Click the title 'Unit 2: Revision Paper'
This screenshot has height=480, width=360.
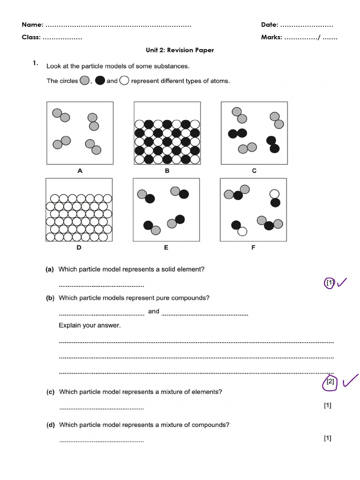180,50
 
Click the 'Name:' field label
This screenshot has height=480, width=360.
33,24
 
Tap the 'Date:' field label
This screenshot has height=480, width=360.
270,24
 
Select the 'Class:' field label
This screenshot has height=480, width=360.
31,37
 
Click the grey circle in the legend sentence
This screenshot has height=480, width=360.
84,81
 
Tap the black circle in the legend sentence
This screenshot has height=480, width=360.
100,81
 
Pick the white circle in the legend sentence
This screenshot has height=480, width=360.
124,81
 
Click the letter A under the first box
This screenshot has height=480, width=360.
80,171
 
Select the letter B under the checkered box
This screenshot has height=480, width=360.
167,171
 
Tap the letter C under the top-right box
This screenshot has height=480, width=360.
254,171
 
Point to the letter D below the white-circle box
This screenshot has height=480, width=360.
79,247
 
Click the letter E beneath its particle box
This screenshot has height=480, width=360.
166,247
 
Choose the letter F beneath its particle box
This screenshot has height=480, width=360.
253,247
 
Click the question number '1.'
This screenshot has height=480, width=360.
35,63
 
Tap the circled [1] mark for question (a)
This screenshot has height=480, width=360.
330,283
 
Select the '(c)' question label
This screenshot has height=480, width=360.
50,392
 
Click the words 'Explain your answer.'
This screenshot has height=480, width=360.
90,325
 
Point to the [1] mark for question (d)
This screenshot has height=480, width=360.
327,438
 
